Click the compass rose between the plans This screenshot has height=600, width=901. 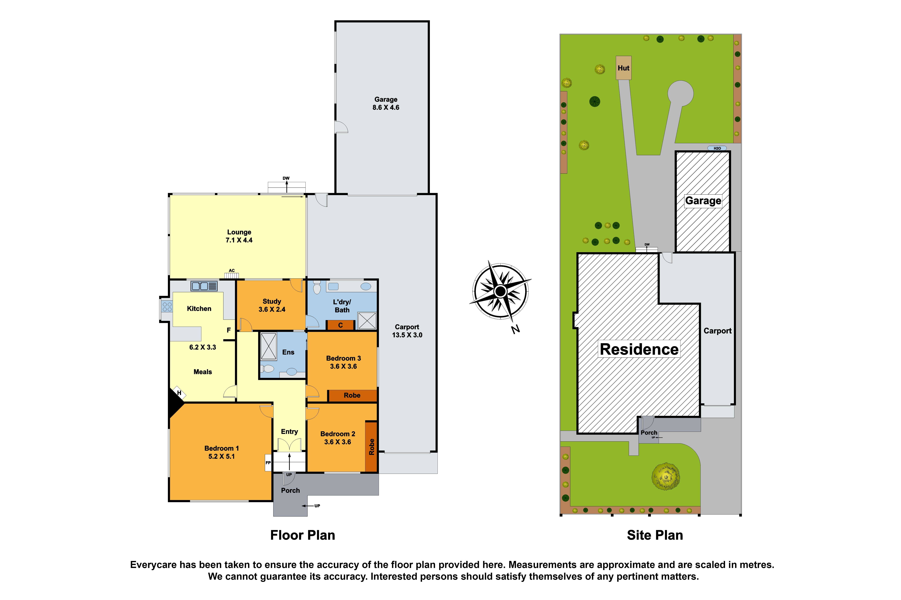tap(500, 292)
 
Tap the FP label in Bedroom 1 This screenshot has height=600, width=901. tap(268, 463)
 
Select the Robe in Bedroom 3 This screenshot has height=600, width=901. tap(352, 395)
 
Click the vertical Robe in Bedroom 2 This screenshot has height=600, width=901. tap(371, 447)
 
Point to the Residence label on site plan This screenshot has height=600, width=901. tap(639, 349)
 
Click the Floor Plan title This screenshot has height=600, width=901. tap(302, 535)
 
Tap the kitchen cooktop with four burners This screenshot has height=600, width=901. tap(167, 306)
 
